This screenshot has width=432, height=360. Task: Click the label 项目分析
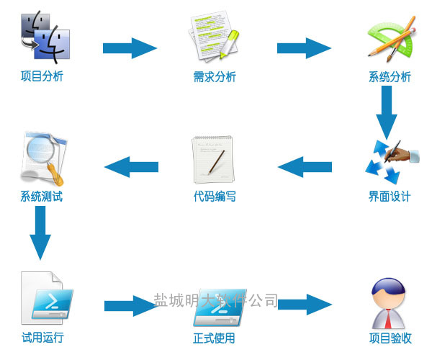click(42, 76)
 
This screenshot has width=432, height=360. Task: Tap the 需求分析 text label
click(215, 77)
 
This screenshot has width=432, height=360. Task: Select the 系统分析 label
click(390, 77)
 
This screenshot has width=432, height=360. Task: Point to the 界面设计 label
click(390, 197)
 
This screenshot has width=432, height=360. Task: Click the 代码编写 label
click(215, 197)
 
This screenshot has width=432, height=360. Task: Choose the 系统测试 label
click(42, 197)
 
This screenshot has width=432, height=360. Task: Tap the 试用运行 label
click(42, 338)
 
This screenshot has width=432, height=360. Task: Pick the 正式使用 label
click(214, 338)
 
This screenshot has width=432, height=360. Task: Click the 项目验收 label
click(390, 338)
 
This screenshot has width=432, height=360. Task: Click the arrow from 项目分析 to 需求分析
click(130, 48)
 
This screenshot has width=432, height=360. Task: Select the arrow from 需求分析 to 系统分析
click(304, 48)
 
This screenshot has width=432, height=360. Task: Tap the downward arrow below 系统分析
click(387, 112)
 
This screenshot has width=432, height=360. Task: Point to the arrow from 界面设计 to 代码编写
click(305, 167)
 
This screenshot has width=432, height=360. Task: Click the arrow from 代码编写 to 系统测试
click(131, 167)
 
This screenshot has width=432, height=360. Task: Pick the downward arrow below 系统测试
click(40, 233)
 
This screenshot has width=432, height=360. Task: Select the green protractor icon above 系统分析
click(391, 37)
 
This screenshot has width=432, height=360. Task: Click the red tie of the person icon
click(388, 319)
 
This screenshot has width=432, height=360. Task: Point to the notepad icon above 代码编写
click(213, 160)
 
